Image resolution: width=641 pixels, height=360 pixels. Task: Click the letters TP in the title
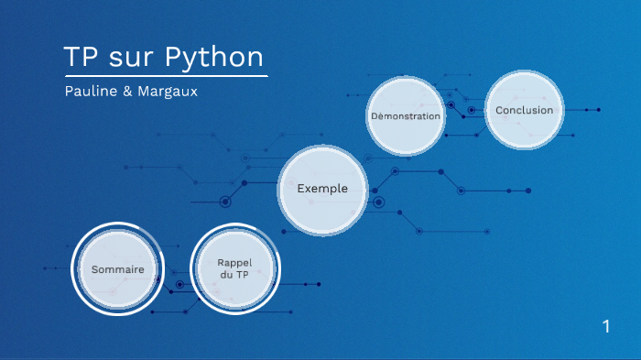point(80,57)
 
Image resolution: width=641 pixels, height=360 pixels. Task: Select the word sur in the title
point(132,57)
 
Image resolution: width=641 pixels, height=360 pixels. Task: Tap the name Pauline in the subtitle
point(90,93)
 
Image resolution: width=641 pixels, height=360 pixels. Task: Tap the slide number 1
point(605,326)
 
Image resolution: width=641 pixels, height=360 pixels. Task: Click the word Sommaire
point(117,269)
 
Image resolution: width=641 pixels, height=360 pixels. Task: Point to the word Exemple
point(322,189)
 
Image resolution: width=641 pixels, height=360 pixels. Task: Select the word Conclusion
point(524,110)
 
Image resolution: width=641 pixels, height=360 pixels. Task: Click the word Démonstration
point(406,116)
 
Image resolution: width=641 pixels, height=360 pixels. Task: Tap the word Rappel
point(234,263)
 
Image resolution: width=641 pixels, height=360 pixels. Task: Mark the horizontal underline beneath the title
point(166,76)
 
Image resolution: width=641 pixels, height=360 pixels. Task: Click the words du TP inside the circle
point(234,275)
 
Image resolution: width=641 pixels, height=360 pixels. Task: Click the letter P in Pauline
point(69,93)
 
